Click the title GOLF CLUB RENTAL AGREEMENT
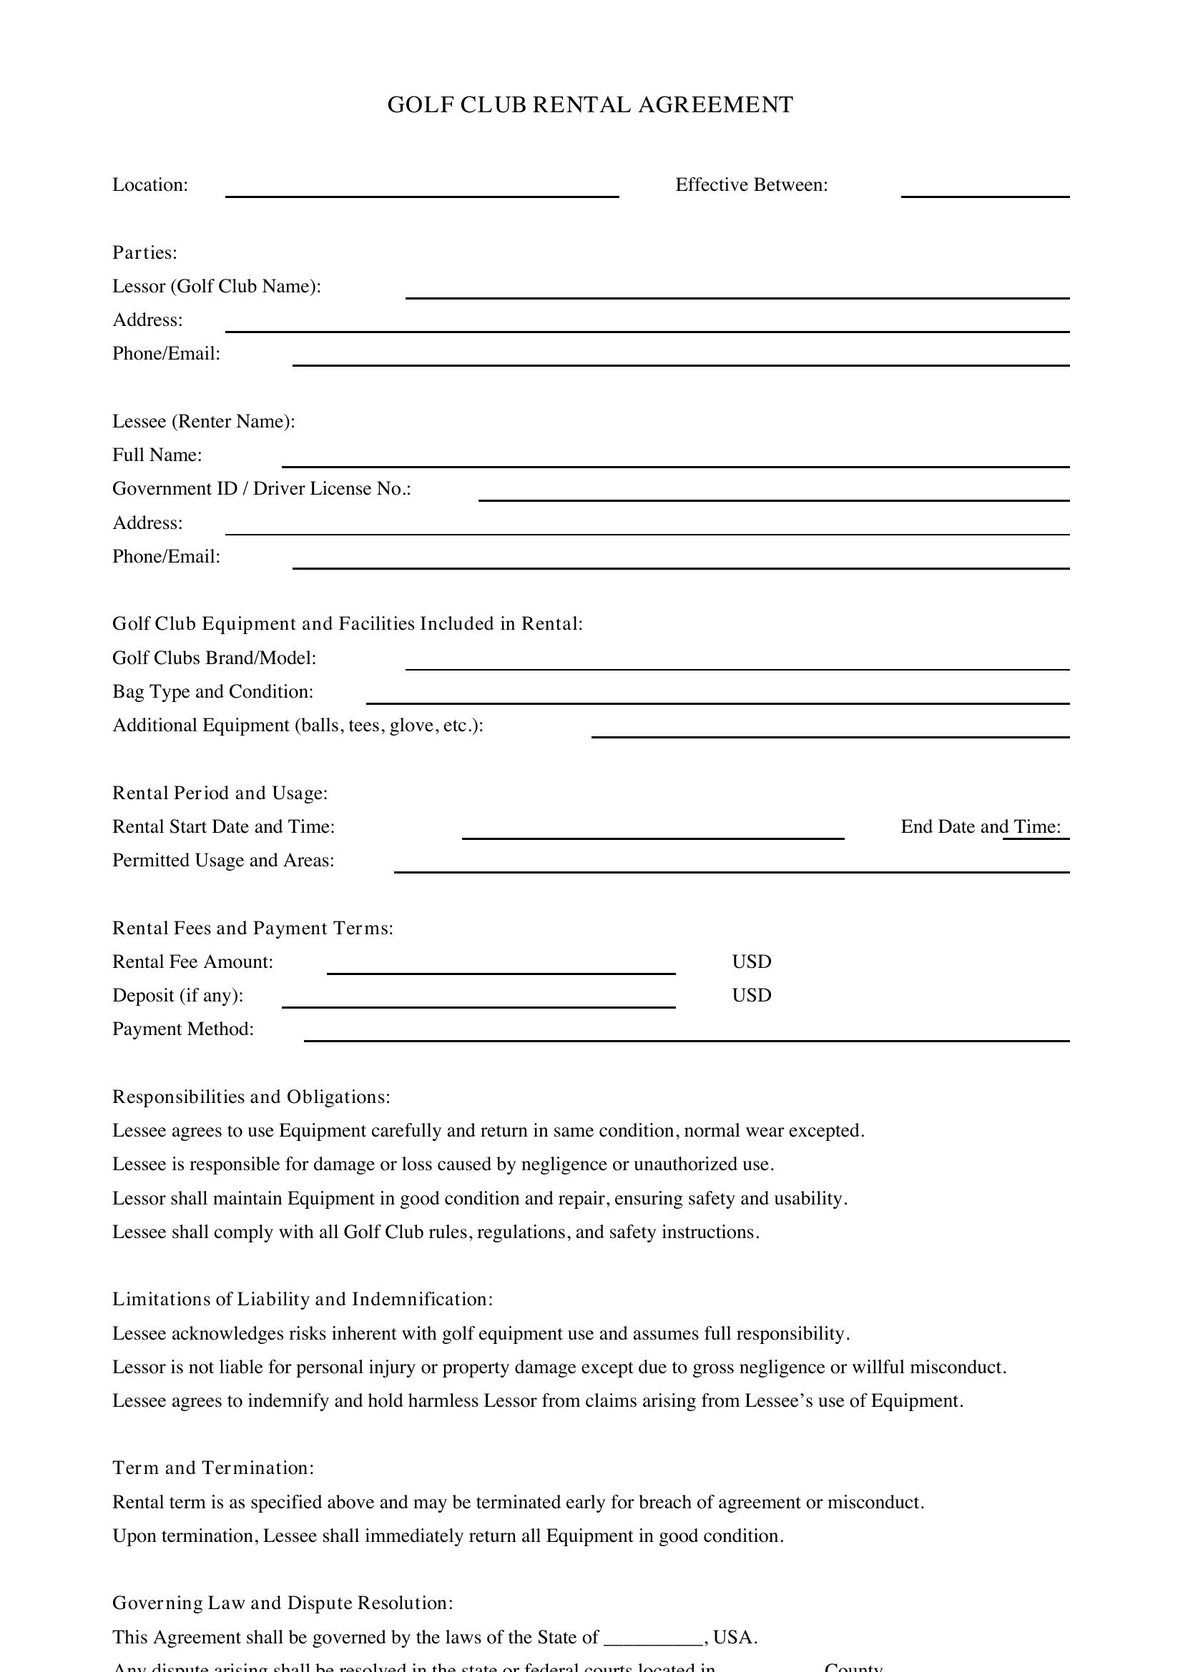pos(590,105)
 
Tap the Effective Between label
pos(751,185)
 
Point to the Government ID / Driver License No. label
pos(262,489)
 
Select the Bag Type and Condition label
pos(212,692)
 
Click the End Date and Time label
pos(980,827)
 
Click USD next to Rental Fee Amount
pos(751,962)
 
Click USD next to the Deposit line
pos(751,996)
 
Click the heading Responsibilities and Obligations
pos(251,1097)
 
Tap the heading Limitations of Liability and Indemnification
pos(303,1300)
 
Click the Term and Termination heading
pos(212,1468)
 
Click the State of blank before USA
pos(653,1638)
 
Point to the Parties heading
pos(144,252)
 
